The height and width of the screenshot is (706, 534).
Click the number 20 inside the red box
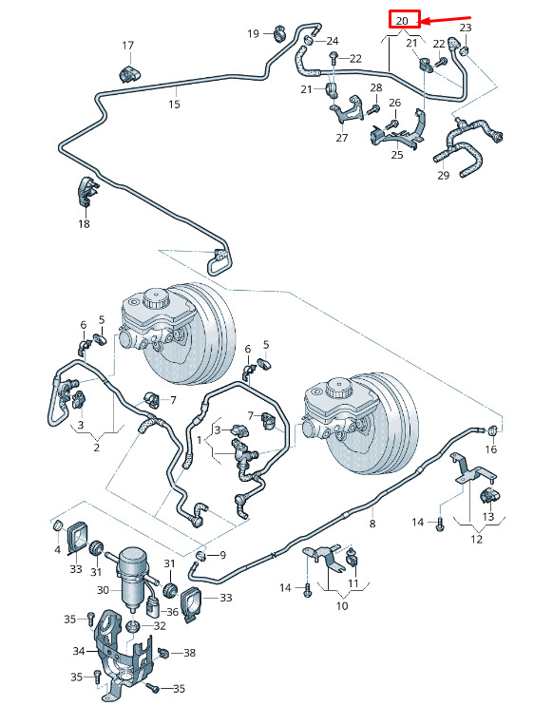click(x=402, y=21)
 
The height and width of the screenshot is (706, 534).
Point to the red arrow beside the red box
click(x=446, y=20)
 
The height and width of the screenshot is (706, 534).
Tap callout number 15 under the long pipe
click(x=174, y=104)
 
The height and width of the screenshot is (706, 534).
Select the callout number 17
click(x=128, y=46)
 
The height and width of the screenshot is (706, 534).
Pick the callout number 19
click(x=253, y=33)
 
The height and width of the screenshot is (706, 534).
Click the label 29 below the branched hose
click(x=443, y=175)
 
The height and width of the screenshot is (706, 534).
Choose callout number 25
click(x=397, y=155)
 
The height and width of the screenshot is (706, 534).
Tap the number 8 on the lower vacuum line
click(x=372, y=524)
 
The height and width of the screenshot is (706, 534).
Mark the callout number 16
click(x=491, y=448)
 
